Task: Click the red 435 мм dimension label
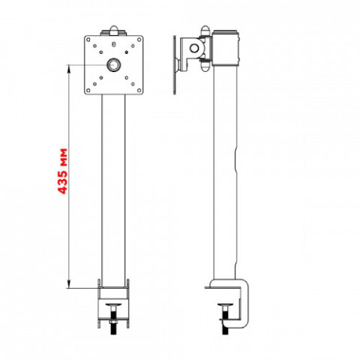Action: point(62,171)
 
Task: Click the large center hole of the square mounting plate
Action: point(114,65)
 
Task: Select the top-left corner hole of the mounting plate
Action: point(88,39)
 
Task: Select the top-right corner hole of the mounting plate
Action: point(139,39)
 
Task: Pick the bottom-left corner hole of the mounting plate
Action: point(88,90)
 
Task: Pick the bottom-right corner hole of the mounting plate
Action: point(139,90)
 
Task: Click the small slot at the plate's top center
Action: point(114,44)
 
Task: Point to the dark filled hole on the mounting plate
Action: point(127,52)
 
